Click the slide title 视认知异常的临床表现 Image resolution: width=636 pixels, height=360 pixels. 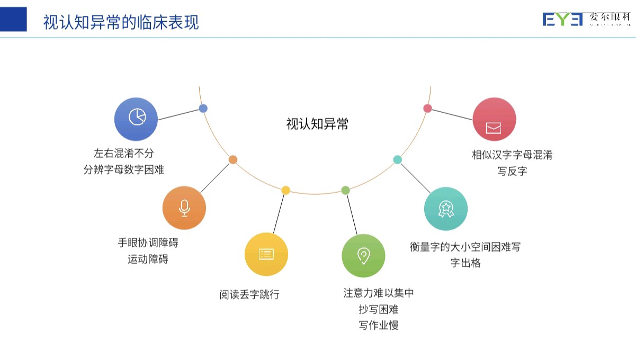pos(121,22)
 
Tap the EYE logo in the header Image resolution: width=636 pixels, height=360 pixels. pos(562,20)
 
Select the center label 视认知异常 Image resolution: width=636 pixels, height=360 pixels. pos(317,124)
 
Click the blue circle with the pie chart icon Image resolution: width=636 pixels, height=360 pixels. pos(137,119)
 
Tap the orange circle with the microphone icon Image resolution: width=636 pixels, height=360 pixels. pos(184,208)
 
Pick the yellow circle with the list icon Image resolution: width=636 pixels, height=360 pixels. pos(266,254)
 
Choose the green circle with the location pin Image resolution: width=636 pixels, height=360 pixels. pos(363,256)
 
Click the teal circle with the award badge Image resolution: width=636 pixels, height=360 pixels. pos(445,209)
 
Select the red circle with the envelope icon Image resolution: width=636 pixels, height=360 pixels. pos(494,120)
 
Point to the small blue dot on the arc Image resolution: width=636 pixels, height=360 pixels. pos(203,109)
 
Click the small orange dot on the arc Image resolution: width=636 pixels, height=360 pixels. pos(233,159)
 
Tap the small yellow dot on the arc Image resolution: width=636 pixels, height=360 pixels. pos(285,190)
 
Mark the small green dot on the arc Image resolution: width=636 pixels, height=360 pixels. pos(345,190)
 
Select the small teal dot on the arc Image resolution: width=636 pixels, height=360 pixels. pos(398,159)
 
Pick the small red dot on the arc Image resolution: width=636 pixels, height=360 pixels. pos(428,109)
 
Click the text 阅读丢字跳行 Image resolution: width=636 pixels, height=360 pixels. pos(249,295)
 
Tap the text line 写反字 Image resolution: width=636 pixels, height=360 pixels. pos(512,172)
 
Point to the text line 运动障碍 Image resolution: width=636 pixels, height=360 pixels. pos(148,259)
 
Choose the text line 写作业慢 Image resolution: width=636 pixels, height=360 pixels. pos(378,325)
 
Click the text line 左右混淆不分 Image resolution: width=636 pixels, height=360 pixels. pos(123,154)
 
